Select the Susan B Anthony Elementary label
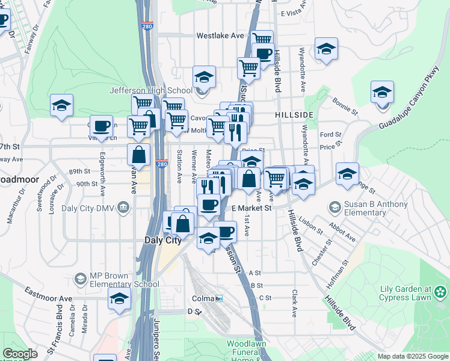coord(375,208)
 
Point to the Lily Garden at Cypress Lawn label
coord(409,293)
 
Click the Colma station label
coord(203,298)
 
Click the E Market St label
coord(252,208)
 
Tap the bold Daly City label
coord(163,239)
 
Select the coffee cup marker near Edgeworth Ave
coord(102,125)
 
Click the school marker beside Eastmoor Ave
coord(120,298)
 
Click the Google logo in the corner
coord(20,354)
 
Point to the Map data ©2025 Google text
coord(412,356)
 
